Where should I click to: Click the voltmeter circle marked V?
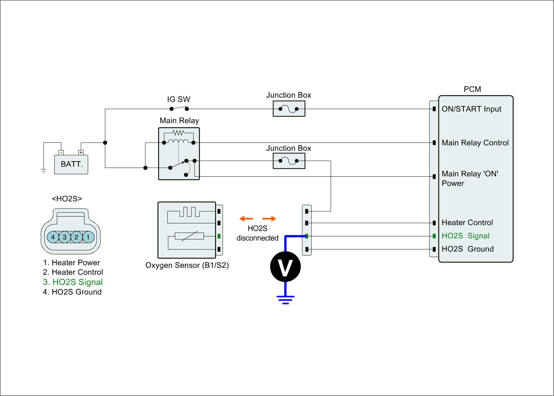285,267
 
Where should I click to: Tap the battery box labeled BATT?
71,164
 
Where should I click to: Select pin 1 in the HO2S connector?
88,237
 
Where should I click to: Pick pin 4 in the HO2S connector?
53,237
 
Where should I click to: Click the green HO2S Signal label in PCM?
465,236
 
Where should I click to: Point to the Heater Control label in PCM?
467,222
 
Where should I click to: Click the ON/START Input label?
471,109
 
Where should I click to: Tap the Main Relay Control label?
475,143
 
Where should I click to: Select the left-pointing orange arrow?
246,219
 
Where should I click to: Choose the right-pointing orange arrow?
269,219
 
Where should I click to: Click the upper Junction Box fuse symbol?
289,109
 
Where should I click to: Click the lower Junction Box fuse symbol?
289,161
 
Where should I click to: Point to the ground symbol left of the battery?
44,171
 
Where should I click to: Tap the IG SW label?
179,99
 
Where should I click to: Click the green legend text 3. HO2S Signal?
73,282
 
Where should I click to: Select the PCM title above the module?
472,89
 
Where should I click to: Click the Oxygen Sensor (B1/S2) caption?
187,266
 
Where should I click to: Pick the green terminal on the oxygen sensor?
219,237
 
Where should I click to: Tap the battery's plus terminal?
81,152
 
